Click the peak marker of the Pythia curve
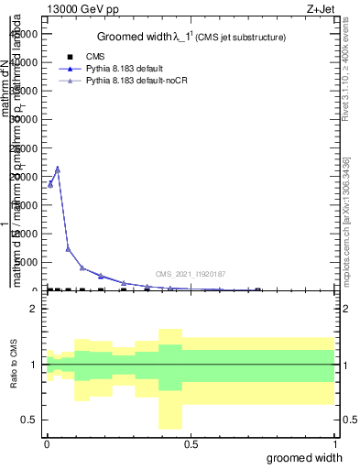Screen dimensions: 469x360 [x=58, y=169]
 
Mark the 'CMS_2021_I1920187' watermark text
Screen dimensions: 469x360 [x=190, y=274]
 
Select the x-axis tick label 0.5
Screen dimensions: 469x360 [x=191, y=442]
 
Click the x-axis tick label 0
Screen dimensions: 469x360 [x=47, y=442]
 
